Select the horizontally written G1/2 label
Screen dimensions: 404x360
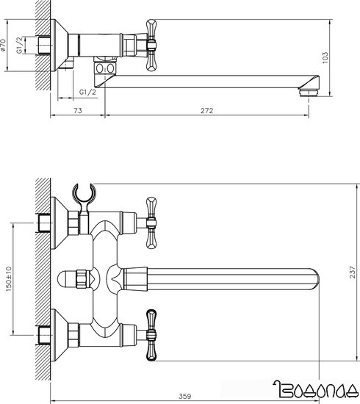(x=87, y=92)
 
